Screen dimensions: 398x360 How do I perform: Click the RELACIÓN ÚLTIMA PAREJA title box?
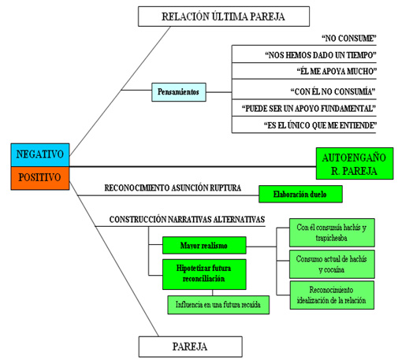click(x=224, y=17)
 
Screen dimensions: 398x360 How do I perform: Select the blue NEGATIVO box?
click(x=40, y=154)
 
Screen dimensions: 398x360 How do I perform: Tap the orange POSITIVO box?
click(x=40, y=178)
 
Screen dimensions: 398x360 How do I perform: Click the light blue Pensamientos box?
click(x=179, y=92)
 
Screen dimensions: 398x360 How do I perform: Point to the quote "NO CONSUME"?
click(x=349, y=39)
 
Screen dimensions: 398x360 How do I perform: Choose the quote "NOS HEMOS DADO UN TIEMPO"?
click(x=321, y=55)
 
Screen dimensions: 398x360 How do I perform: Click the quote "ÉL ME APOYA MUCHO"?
click(x=337, y=71)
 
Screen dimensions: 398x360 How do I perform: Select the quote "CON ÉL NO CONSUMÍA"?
click(x=333, y=91)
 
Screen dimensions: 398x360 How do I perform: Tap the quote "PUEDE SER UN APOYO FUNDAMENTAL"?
click(x=309, y=109)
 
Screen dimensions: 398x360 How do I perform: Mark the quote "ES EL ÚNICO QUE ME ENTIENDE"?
click(x=320, y=125)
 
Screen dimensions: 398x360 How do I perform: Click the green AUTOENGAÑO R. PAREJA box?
click(x=355, y=164)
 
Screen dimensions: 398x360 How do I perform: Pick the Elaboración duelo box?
click(x=300, y=194)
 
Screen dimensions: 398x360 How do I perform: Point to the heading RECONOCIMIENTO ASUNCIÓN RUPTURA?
click(x=173, y=187)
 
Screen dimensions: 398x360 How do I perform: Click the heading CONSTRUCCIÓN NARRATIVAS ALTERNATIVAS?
click(x=187, y=219)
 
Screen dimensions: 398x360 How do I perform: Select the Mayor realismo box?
click(x=204, y=245)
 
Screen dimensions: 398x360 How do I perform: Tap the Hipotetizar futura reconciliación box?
click(x=204, y=274)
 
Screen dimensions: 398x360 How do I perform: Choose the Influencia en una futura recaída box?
click(x=218, y=305)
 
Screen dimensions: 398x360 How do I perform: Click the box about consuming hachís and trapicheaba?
click(x=332, y=232)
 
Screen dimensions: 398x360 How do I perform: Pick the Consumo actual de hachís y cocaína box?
click(x=332, y=264)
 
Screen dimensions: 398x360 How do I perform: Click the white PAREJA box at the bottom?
click(x=190, y=347)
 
